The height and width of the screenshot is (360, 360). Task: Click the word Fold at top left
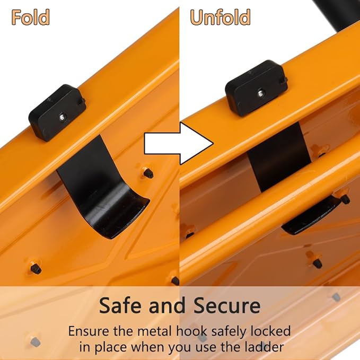pyautogui.click(x=30, y=17)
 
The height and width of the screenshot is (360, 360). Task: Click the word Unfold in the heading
pyautogui.click(x=220, y=17)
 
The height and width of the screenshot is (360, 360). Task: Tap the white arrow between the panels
pyautogui.click(x=179, y=144)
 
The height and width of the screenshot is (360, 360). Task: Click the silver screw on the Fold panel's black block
pyautogui.click(x=62, y=117)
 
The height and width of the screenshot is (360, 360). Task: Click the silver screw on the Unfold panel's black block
pyautogui.click(x=260, y=93)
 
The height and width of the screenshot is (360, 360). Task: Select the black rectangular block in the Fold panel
pyautogui.click(x=57, y=112)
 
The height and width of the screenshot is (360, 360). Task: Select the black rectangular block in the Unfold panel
pyautogui.click(x=256, y=89)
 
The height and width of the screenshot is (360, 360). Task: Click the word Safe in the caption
pyautogui.click(x=121, y=305)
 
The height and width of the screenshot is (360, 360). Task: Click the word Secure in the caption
pyautogui.click(x=227, y=305)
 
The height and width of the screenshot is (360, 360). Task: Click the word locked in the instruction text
pyautogui.click(x=270, y=331)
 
